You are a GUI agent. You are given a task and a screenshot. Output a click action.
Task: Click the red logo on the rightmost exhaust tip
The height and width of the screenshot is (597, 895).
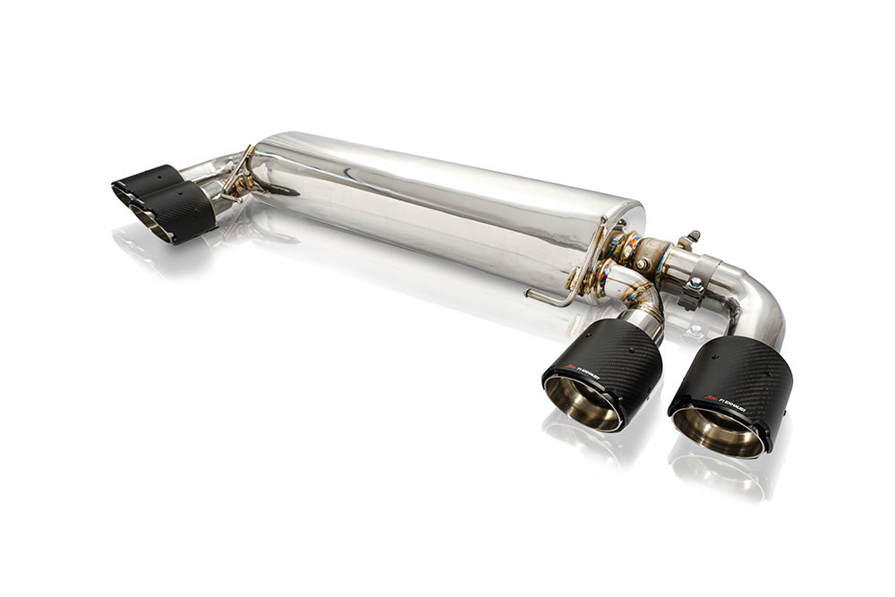click(711, 397)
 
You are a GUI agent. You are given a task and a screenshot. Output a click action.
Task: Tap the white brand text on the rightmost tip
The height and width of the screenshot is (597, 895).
click(731, 403)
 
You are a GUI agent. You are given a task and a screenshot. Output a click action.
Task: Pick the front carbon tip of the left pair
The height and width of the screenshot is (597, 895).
click(183, 213)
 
